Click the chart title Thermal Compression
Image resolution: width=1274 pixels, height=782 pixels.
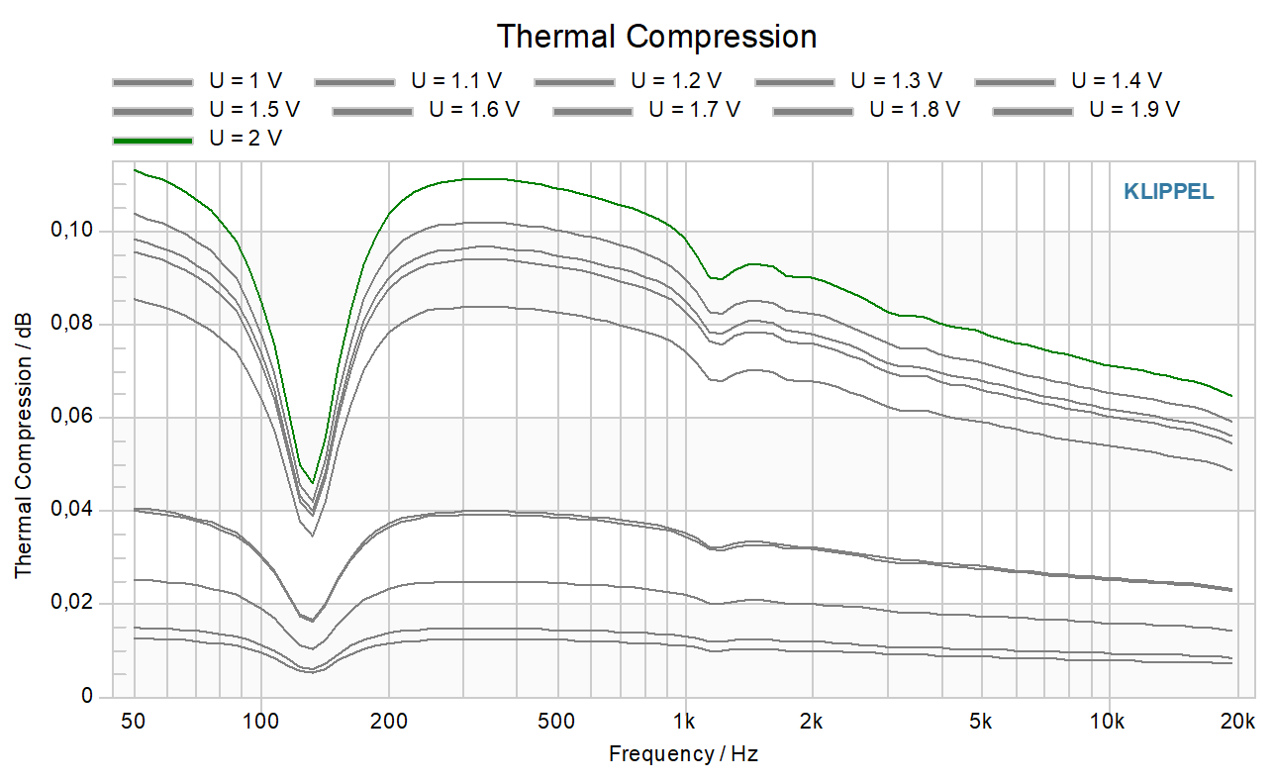click(x=657, y=37)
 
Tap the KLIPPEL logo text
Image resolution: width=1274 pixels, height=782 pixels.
click(x=1169, y=192)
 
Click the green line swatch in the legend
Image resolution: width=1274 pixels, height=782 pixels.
click(x=153, y=141)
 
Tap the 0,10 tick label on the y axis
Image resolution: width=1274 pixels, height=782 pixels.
click(x=71, y=230)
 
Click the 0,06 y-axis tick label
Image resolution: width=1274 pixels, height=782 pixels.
click(x=71, y=416)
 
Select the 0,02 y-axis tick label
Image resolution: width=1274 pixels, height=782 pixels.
click(x=71, y=602)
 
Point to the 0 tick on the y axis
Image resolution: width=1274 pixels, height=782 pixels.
click(x=87, y=696)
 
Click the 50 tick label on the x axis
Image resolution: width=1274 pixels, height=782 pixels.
click(x=133, y=722)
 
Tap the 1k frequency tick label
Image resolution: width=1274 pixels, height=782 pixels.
click(x=684, y=722)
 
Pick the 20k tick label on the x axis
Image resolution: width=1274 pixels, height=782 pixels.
click(x=1237, y=722)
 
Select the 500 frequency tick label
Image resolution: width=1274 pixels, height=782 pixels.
click(x=555, y=722)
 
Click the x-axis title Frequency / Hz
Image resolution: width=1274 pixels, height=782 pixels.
click(x=684, y=754)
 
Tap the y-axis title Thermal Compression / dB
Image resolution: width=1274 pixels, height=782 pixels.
click(x=23, y=445)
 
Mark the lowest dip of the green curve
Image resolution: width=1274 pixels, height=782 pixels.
click(x=312, y=483)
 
